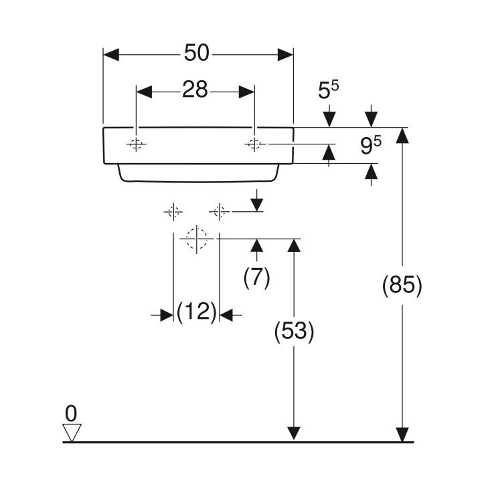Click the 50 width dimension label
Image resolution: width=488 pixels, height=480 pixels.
click(196, 53)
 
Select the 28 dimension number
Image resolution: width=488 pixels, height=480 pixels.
click(195, 90)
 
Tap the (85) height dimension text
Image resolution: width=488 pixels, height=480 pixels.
click(402, 285)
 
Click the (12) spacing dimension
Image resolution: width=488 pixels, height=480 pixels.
click(196, 312)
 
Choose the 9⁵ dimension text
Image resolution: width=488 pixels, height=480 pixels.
click(371, 146)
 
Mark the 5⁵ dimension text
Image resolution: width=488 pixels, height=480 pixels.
click(328, 90)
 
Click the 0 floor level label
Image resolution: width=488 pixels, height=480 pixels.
click(71, 414)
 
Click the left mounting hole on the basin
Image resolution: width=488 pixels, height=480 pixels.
click(136, 144)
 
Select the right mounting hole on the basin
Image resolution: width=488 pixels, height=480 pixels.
click(254, 144)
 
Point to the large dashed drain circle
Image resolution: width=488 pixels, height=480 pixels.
click(197, 239)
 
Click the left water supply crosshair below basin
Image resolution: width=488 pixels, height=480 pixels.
click(173, 212)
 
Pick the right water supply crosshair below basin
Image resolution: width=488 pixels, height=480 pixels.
click(220, 212)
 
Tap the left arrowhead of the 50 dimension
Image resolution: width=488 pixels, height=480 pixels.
click(111, 55)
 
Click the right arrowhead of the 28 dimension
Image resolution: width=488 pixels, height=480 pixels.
click(246, 92)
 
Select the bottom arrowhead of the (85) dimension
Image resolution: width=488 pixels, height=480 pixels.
click(402, 435)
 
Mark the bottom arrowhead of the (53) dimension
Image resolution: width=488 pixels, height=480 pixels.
click(294, 434)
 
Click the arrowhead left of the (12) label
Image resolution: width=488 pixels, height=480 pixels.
click(167, 316)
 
